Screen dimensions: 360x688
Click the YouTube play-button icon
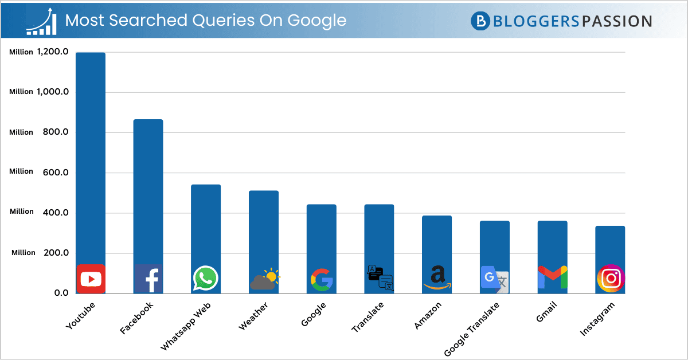point(91,279)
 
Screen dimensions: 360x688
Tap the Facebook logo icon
point(148,279)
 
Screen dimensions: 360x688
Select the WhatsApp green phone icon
point(205,279)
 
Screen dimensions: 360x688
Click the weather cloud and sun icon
point(264,279)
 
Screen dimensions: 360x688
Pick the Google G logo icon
point(322,279)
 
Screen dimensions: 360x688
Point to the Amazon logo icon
point(437,278)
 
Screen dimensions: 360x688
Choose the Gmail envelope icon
point(552,278)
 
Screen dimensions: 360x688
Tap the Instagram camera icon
point(611,279)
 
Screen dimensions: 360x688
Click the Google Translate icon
point(494,280)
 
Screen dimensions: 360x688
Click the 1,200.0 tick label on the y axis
point(53,52)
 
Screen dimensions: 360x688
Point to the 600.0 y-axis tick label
point(56,172)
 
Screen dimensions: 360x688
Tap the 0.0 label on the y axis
point(61,293)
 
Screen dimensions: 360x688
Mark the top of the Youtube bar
point(91,53)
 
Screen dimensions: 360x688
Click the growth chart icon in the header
point(41,21)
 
